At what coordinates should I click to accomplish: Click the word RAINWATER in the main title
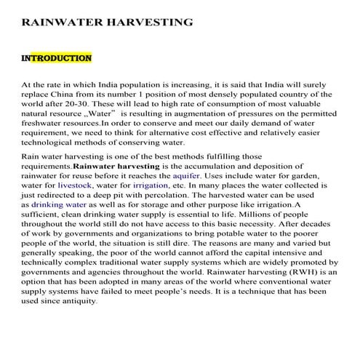pyautogui.click(x=63, y=22)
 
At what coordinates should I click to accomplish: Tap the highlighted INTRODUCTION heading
pyautogui.click(x=57, y=57)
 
